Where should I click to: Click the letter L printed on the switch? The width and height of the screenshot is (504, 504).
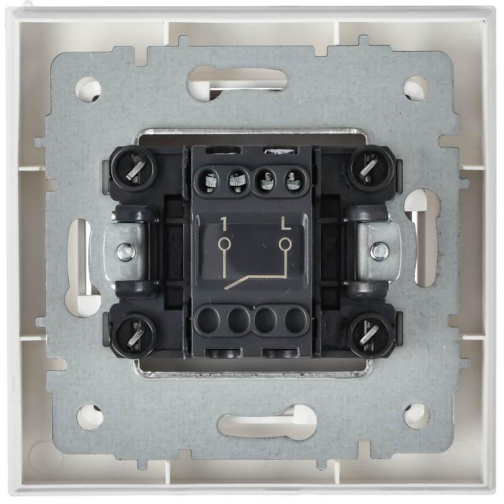point(285,224)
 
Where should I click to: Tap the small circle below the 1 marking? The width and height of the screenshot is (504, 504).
point(224,243)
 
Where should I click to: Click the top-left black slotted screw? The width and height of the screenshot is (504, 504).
point(134,168)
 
